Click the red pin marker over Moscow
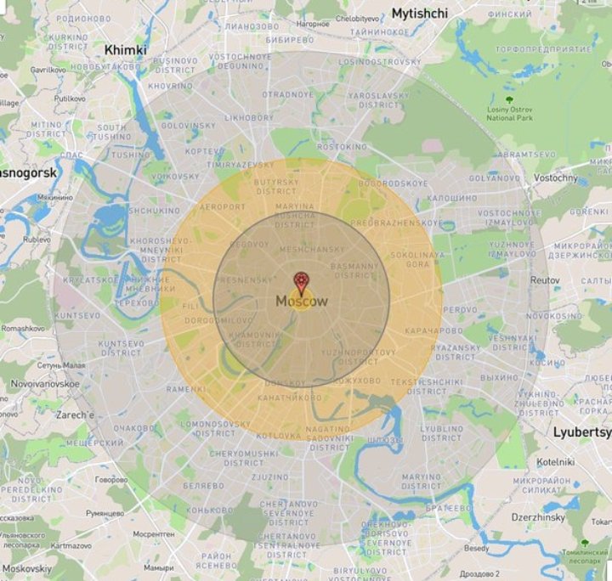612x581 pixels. (301, 283)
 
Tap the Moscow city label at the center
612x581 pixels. (301, 302)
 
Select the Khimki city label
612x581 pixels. (125, 50)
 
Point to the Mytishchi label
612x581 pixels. (420, 14)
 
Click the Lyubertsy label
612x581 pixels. (582, 432)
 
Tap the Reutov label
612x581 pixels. (545, 279)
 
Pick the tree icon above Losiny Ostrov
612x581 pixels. (509, 100)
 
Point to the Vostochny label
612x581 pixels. (556, 178)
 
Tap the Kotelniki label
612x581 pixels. (556, 461)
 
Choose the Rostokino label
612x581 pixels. (342, 147)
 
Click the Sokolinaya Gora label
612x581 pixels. (416, 259)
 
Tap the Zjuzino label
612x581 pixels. (270, 477)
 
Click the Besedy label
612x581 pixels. (477, 549)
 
